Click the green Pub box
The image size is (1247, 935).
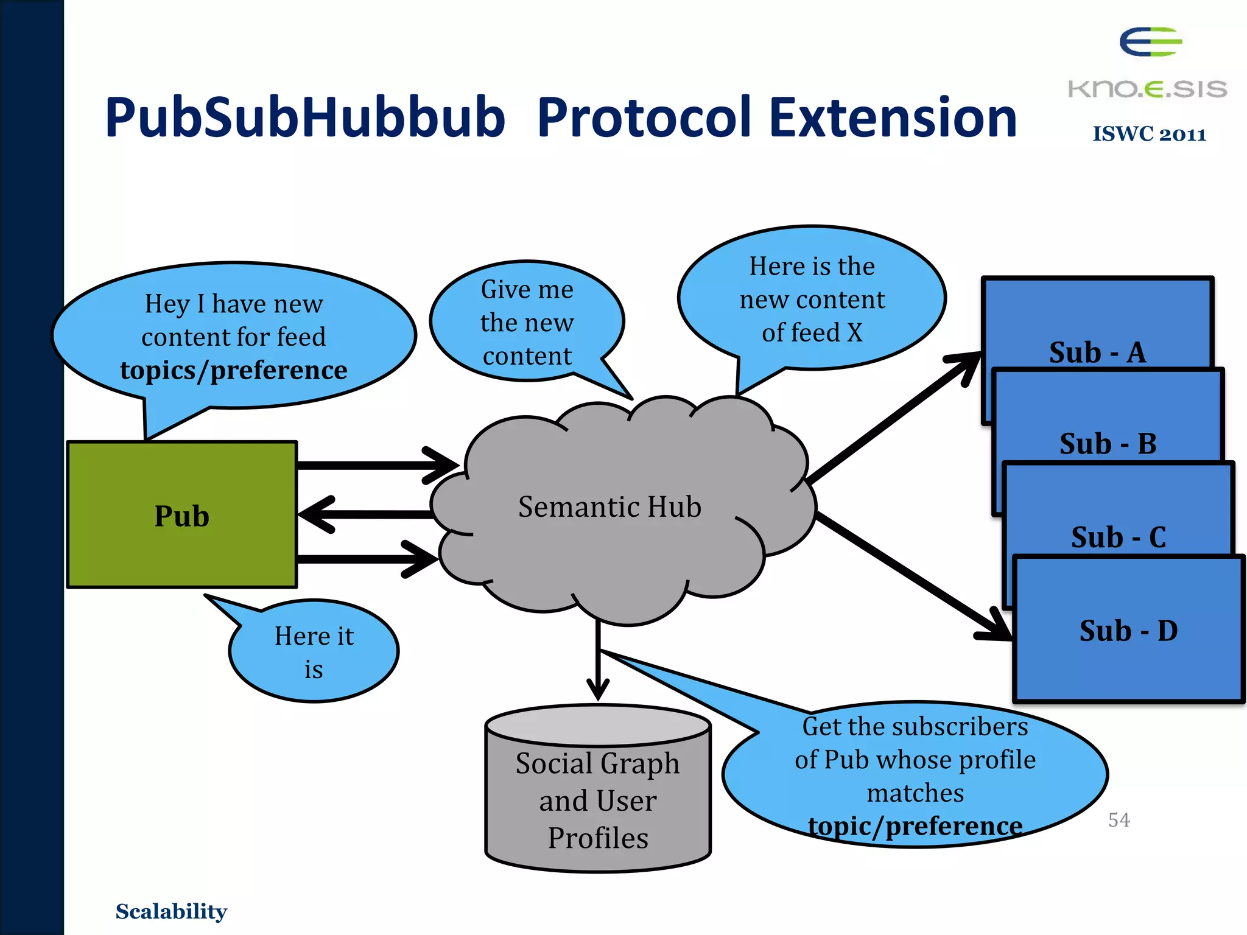coord(181,515)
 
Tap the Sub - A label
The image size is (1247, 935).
coord(1097,352)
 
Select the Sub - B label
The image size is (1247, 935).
coord(1108,444)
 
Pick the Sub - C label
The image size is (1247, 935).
coord(1119,538)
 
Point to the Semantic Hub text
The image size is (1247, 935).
coord(609,506)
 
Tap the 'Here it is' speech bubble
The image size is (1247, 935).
coord(314,652)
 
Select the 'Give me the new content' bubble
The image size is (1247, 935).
coord(527,322)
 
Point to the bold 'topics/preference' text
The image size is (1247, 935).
coord(234,370)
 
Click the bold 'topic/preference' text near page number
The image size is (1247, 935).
coord(915,826)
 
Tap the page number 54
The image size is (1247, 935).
coord(1119,820)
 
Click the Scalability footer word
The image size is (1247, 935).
coord(171,911)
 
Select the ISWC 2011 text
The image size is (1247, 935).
coord(1149,134)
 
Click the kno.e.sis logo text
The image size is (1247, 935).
coord(1147,89)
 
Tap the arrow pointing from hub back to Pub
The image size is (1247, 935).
coord(365,514)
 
